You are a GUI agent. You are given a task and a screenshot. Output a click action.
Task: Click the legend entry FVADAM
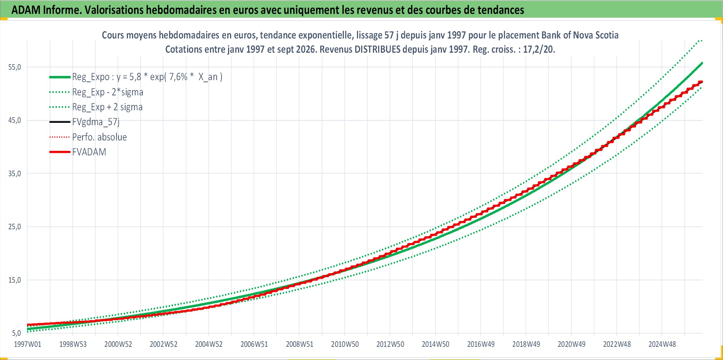(x=89, y=152)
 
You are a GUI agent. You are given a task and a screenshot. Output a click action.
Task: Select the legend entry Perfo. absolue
(x=99, y=137)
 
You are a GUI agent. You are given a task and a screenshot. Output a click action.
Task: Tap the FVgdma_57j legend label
(x=96, y=122)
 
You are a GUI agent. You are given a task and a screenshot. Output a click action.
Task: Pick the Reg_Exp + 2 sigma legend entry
(x=107, y=107)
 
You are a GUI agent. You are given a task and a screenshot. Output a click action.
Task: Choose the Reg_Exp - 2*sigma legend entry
(x=108, y=92)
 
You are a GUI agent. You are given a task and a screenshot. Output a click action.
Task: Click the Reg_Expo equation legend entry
(x=147, y=77)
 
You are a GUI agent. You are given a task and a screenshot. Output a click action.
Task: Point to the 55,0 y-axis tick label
(x=15, y=67)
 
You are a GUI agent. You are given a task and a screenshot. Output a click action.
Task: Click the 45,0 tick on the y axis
(x=15, y=120)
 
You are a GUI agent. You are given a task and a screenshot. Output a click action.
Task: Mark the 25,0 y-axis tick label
(x=15, y=227)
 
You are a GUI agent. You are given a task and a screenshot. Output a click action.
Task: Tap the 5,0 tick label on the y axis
(x=16, y=333)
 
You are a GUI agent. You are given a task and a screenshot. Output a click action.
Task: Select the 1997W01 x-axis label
(x=27, y=344)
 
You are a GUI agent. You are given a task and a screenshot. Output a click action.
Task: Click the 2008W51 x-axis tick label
(x=299, y=344)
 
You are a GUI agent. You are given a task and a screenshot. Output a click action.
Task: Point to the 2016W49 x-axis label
(x=481, y=344)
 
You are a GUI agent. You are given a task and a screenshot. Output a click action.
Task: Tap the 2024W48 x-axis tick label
(x=662, y=344)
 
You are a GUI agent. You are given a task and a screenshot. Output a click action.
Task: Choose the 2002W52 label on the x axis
(x=164, y=344)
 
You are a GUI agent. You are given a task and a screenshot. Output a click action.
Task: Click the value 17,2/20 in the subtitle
(x=539, y=49)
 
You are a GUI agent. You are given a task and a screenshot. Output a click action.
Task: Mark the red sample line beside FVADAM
(x=60, y=152)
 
